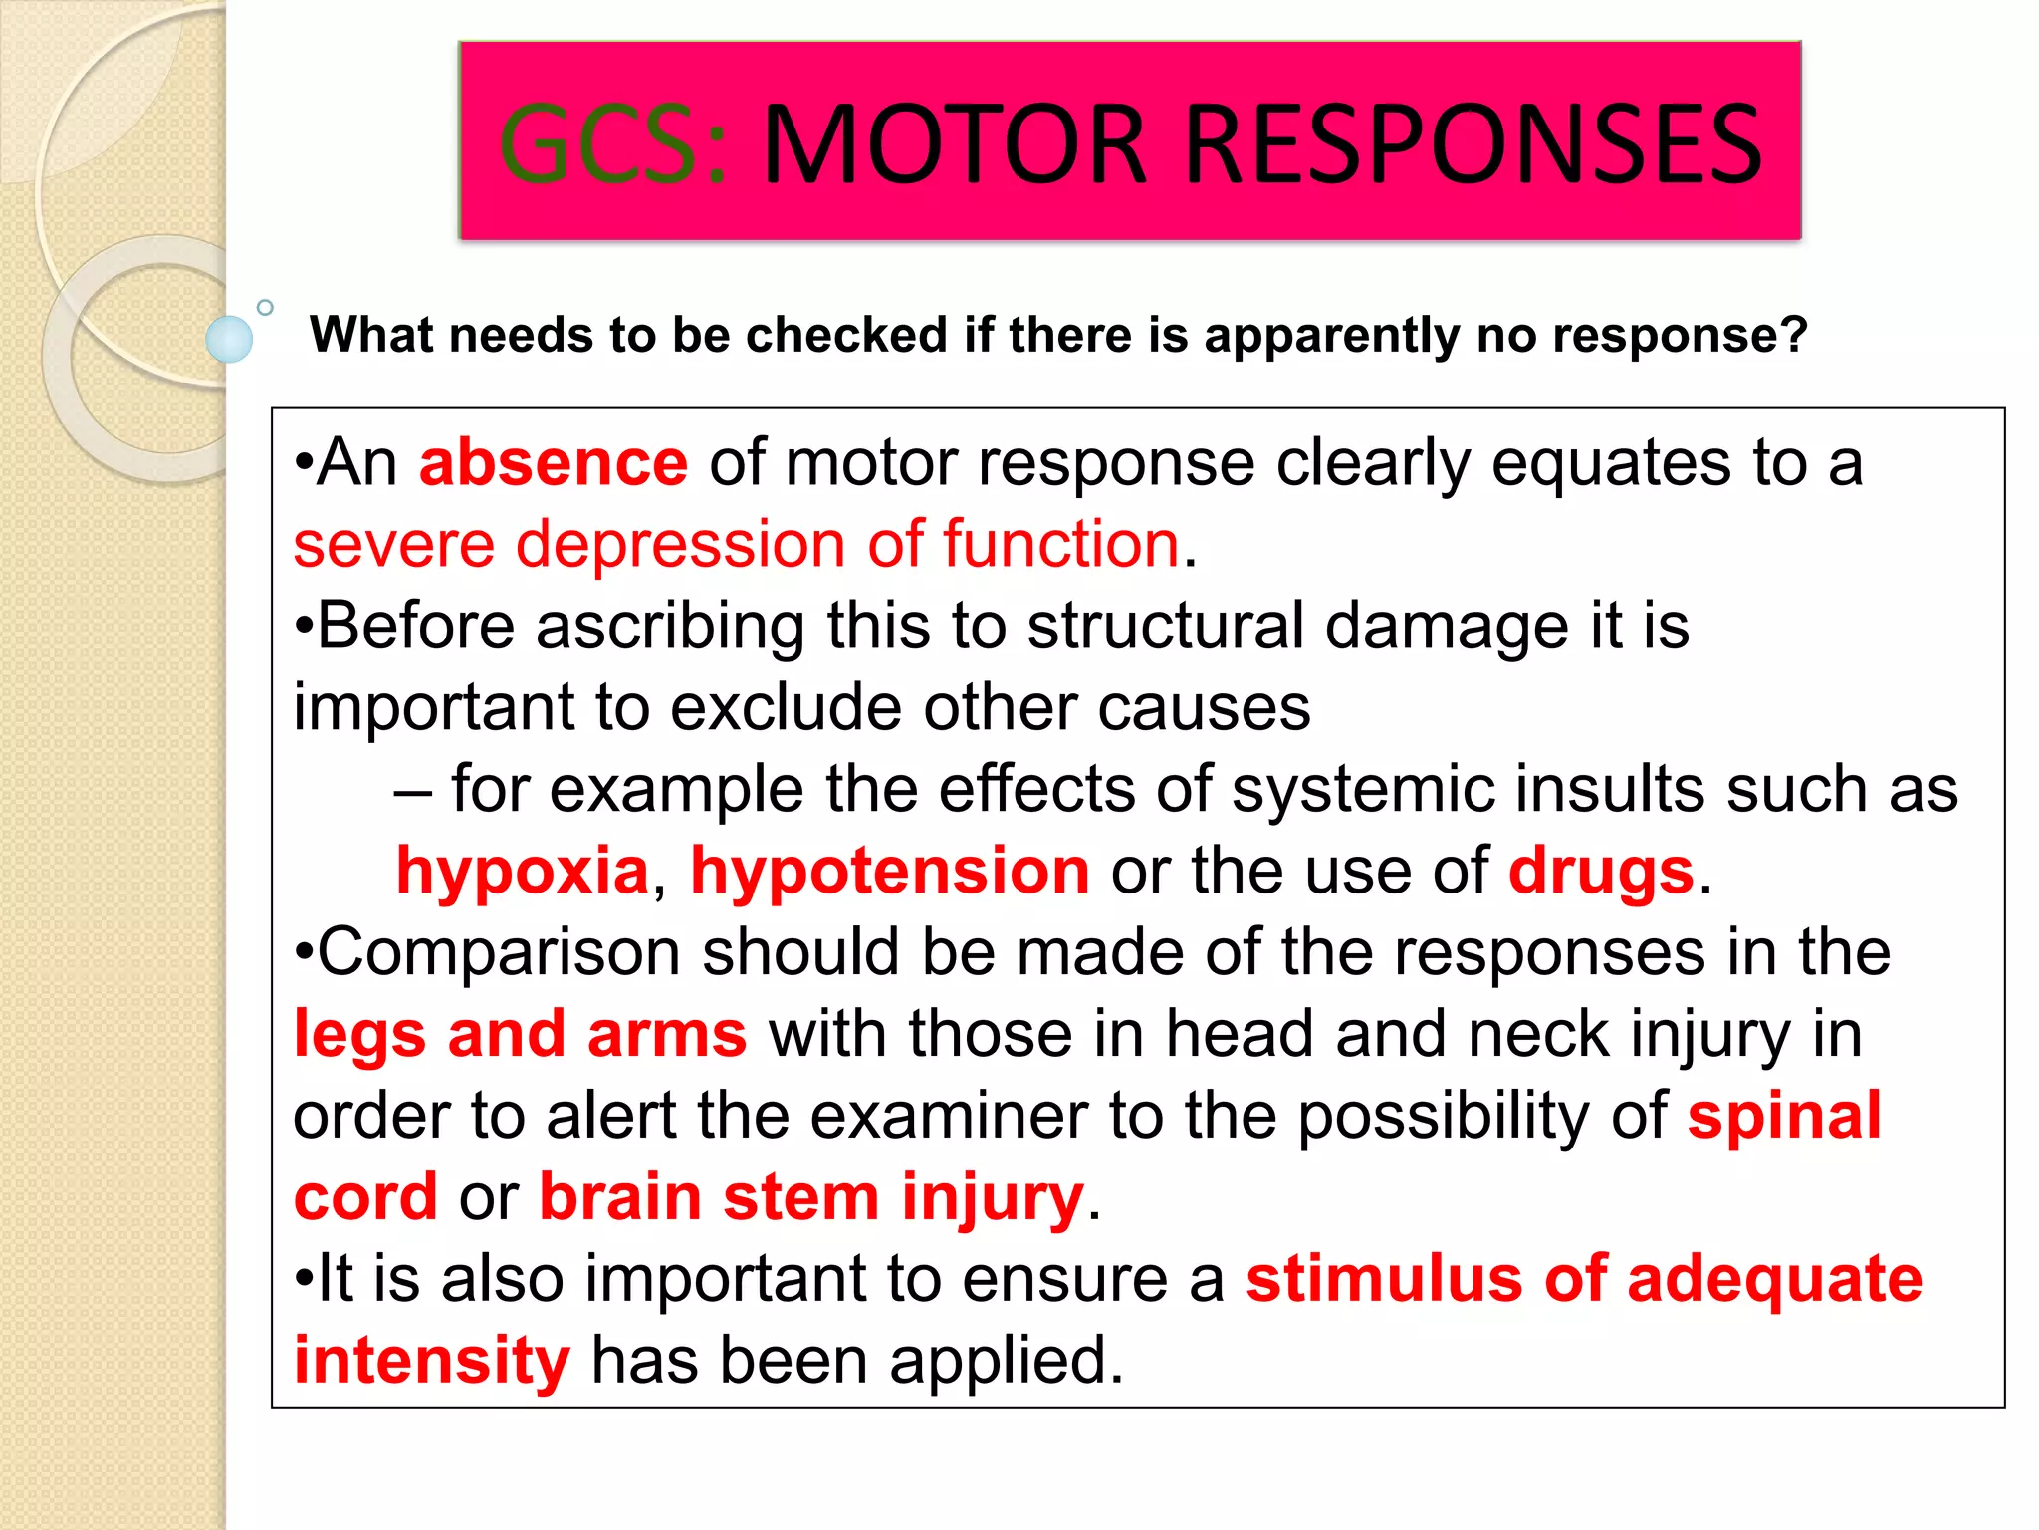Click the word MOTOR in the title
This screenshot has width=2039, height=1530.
[x=955, y=145]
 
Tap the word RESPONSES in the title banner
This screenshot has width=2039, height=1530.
[x=1473, y=145]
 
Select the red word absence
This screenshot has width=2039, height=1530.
[x=554, y=463]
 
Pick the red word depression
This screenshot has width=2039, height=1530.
[x=681, y=545]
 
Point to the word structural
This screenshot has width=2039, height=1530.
[x=1166, y=627]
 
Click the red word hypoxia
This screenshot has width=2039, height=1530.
[x=523, y=872]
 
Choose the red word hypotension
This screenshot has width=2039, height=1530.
[x=890, y=872]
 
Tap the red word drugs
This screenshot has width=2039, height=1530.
[x=1601, y=872]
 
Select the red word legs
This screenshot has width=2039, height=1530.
[x=359, y=1035]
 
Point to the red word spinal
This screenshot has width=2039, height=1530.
[x=1784, y=1116]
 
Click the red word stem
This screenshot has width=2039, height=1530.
[x=801, y=1197]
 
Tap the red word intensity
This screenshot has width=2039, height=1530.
[x=432, y=1361]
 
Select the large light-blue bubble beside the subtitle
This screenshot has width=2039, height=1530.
[x=229, y=339]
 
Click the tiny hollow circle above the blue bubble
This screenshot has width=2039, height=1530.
[x=265, y=307]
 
